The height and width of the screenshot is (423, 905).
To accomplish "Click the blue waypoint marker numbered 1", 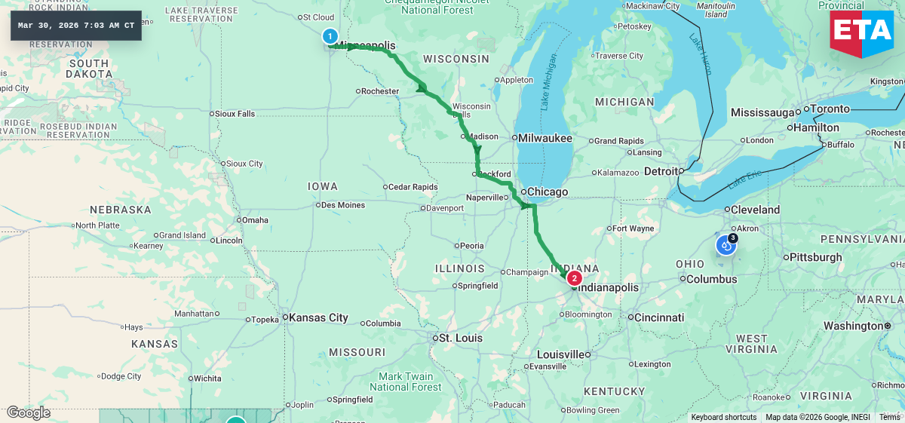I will [330, 35].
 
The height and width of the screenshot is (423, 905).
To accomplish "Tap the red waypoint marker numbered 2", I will [574, 277].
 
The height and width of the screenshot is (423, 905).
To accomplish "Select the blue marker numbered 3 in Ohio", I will [726, 244].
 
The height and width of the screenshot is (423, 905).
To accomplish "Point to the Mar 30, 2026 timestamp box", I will [76, 26].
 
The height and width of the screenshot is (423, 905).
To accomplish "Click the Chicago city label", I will [548, 192].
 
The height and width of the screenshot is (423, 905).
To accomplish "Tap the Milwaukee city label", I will [545, 139].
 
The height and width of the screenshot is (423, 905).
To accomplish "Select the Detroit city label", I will [661, 172].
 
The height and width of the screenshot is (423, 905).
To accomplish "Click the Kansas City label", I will [318, 317].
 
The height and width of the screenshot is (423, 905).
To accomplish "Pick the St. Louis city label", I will [460, 338].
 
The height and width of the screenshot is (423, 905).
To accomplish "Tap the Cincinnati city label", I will [659, 317].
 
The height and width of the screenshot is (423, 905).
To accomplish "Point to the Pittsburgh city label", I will [815, 257].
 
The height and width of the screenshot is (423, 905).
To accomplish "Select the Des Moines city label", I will [343, 205].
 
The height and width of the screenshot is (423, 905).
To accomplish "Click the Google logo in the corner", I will [28, 412].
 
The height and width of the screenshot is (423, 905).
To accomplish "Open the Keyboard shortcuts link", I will [723, 417].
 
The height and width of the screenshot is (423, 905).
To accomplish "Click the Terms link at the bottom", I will [889, 417].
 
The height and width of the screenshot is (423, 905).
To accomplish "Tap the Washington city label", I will [852, 326].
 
